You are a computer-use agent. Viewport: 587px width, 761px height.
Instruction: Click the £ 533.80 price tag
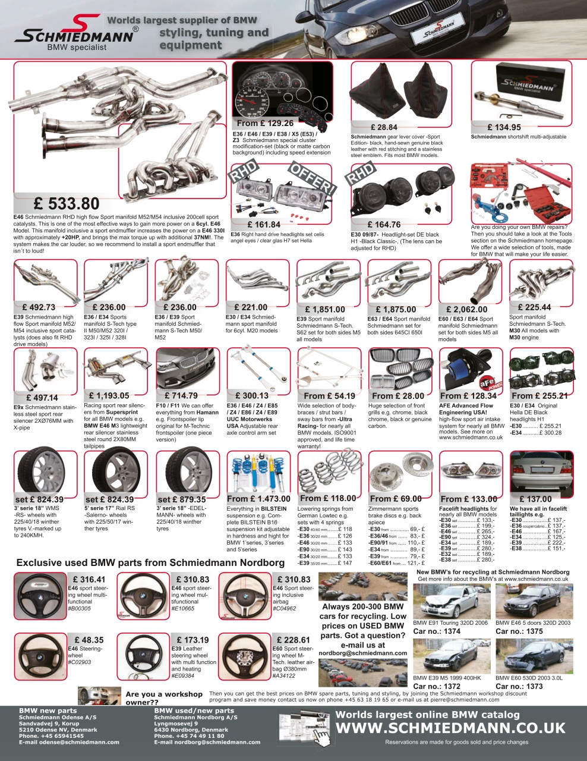[66, 204]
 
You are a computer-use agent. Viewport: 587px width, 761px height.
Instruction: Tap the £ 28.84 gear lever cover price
[383, 127]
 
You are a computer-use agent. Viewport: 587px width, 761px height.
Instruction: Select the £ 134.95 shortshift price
[504, 127]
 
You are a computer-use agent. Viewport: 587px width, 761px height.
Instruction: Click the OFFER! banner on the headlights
[311, 177]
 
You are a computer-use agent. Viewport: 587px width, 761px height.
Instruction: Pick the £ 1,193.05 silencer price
[109, 395]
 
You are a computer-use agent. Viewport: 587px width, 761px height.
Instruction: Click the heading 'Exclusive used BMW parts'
[150, 562]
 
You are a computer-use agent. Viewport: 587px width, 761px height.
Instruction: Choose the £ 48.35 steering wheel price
[89, 640]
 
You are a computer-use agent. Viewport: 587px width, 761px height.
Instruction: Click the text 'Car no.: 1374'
[437, 631]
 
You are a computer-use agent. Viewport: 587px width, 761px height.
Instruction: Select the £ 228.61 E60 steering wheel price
[293, 640]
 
